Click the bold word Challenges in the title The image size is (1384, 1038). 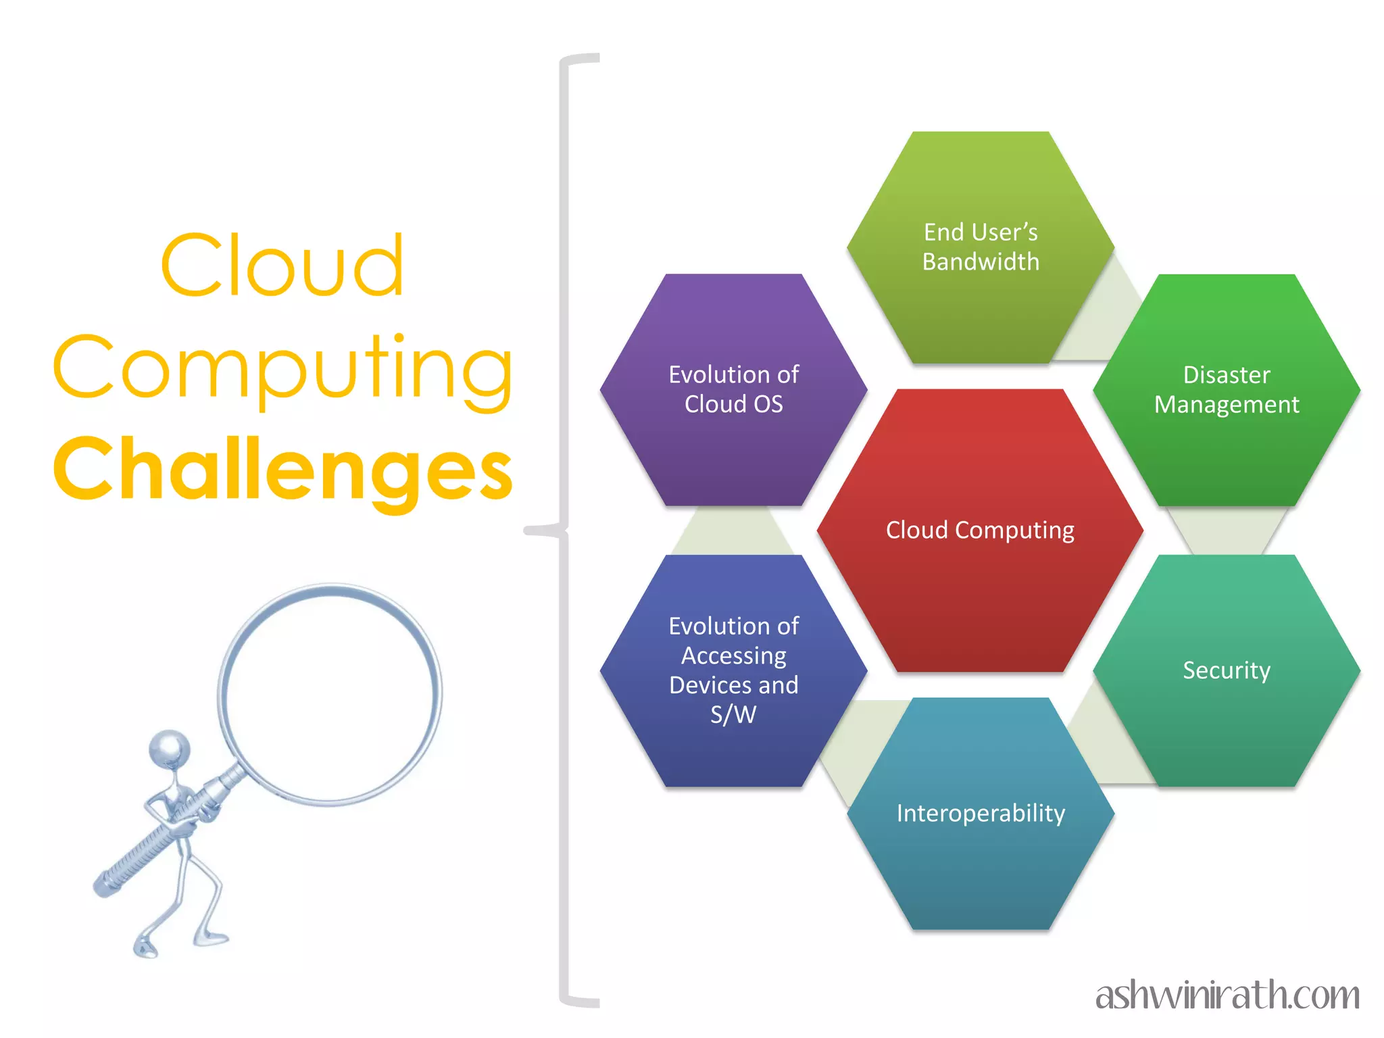(283, 469)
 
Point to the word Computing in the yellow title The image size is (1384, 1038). (283, 368)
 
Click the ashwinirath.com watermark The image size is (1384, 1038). (1227, 995)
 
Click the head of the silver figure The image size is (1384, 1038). (170, 749)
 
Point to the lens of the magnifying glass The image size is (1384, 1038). (330, 694)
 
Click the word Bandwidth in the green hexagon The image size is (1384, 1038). (981, 262)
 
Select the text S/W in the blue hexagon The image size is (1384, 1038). (734, 714)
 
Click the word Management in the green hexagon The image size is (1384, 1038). (1227, 405)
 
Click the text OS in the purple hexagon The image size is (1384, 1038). (768, 404)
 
